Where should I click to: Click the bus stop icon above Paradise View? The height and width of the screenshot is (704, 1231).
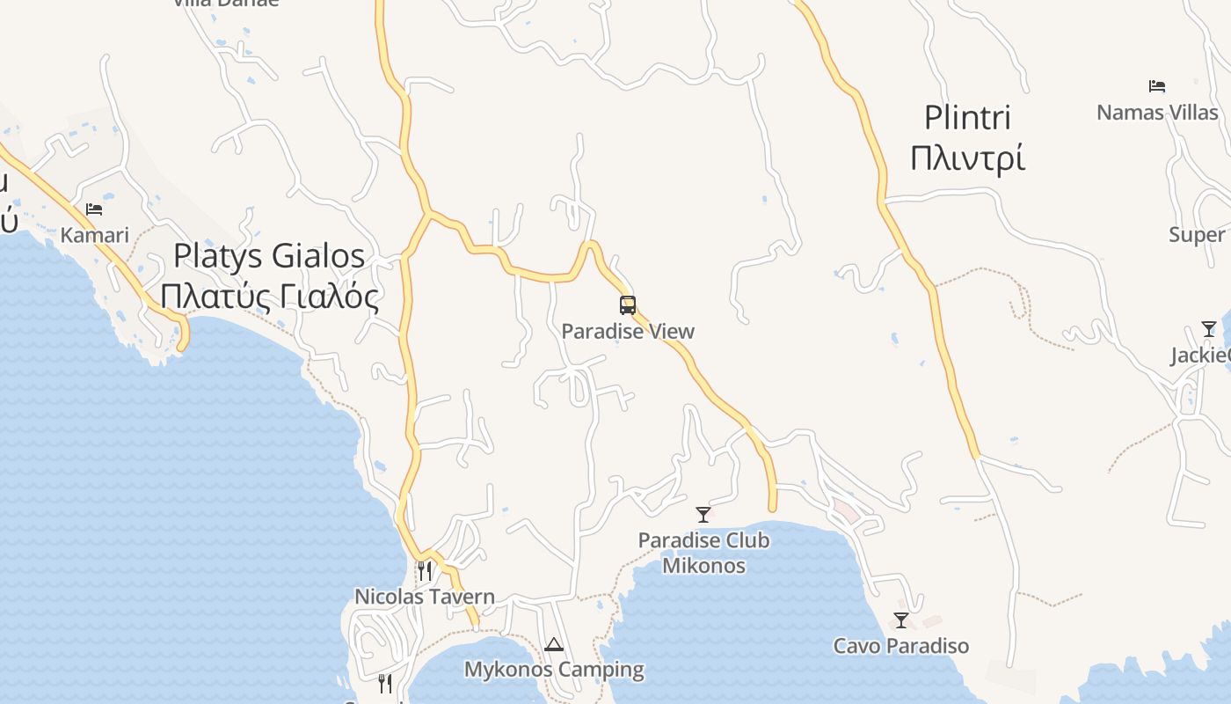coord(628,305)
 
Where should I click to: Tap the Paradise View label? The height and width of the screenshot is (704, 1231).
coord(628,332)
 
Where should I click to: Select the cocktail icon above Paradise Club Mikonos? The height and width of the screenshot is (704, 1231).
coord(703,514)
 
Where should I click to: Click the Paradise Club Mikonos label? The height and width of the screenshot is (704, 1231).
coord(703,553)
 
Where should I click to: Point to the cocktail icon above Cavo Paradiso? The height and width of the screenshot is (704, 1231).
coord(901,620)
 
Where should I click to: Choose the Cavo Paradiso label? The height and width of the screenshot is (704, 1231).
coord(901,646)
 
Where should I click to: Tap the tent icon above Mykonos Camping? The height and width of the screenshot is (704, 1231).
coord(554,644)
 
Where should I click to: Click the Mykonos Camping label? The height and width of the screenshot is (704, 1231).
coord(554,670)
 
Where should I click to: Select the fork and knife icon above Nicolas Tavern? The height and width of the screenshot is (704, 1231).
coord(425,570)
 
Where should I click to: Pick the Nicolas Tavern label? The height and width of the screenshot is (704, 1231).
coord(425,597)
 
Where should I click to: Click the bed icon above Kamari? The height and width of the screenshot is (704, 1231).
coord(94,209)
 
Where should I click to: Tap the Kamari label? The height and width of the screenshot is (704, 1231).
coord(94,235)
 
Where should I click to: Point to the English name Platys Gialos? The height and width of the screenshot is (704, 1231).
coord(269,255)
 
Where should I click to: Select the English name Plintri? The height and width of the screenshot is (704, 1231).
coord(967,118)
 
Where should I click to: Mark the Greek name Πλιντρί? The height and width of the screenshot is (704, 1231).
coord(967,159)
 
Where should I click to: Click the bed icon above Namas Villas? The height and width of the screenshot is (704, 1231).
coord(1157,86)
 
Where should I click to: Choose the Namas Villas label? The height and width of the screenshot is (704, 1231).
coord(1157,113)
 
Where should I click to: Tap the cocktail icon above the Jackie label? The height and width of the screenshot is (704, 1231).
coord(1209,329)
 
